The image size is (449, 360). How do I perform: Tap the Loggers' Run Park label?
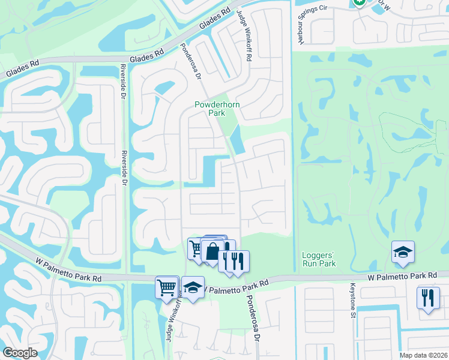[318, 259]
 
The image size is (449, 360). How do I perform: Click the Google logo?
[20, 353]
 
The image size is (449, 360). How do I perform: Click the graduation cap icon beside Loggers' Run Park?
[403, 253]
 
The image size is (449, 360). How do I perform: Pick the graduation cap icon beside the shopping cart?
[193, 288]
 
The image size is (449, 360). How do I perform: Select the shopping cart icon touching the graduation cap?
[167, 287]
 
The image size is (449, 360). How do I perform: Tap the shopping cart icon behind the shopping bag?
[196, 248]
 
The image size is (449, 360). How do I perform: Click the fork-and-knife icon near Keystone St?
[428, 298]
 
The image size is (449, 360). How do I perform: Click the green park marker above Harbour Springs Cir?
[359, 2]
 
